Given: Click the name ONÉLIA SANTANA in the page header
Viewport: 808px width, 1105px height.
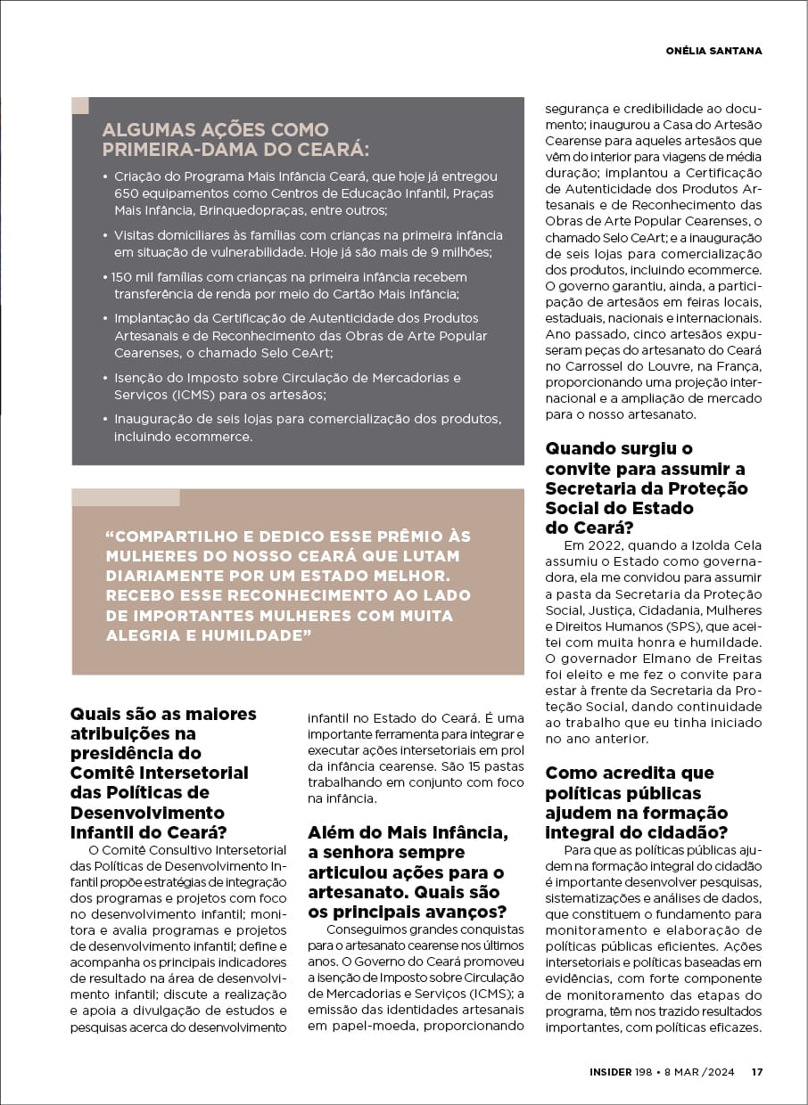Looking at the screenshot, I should (713, 51).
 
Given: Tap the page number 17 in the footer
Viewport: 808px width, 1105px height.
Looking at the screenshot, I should (756, 1072).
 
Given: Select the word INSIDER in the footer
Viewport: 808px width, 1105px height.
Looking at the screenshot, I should (611, 1072).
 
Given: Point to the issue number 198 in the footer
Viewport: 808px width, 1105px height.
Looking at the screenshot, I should (646, 1072).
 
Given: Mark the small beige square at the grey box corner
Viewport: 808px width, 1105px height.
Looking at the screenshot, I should (80, 105).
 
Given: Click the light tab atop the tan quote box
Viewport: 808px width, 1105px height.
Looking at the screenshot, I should (126, 497).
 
